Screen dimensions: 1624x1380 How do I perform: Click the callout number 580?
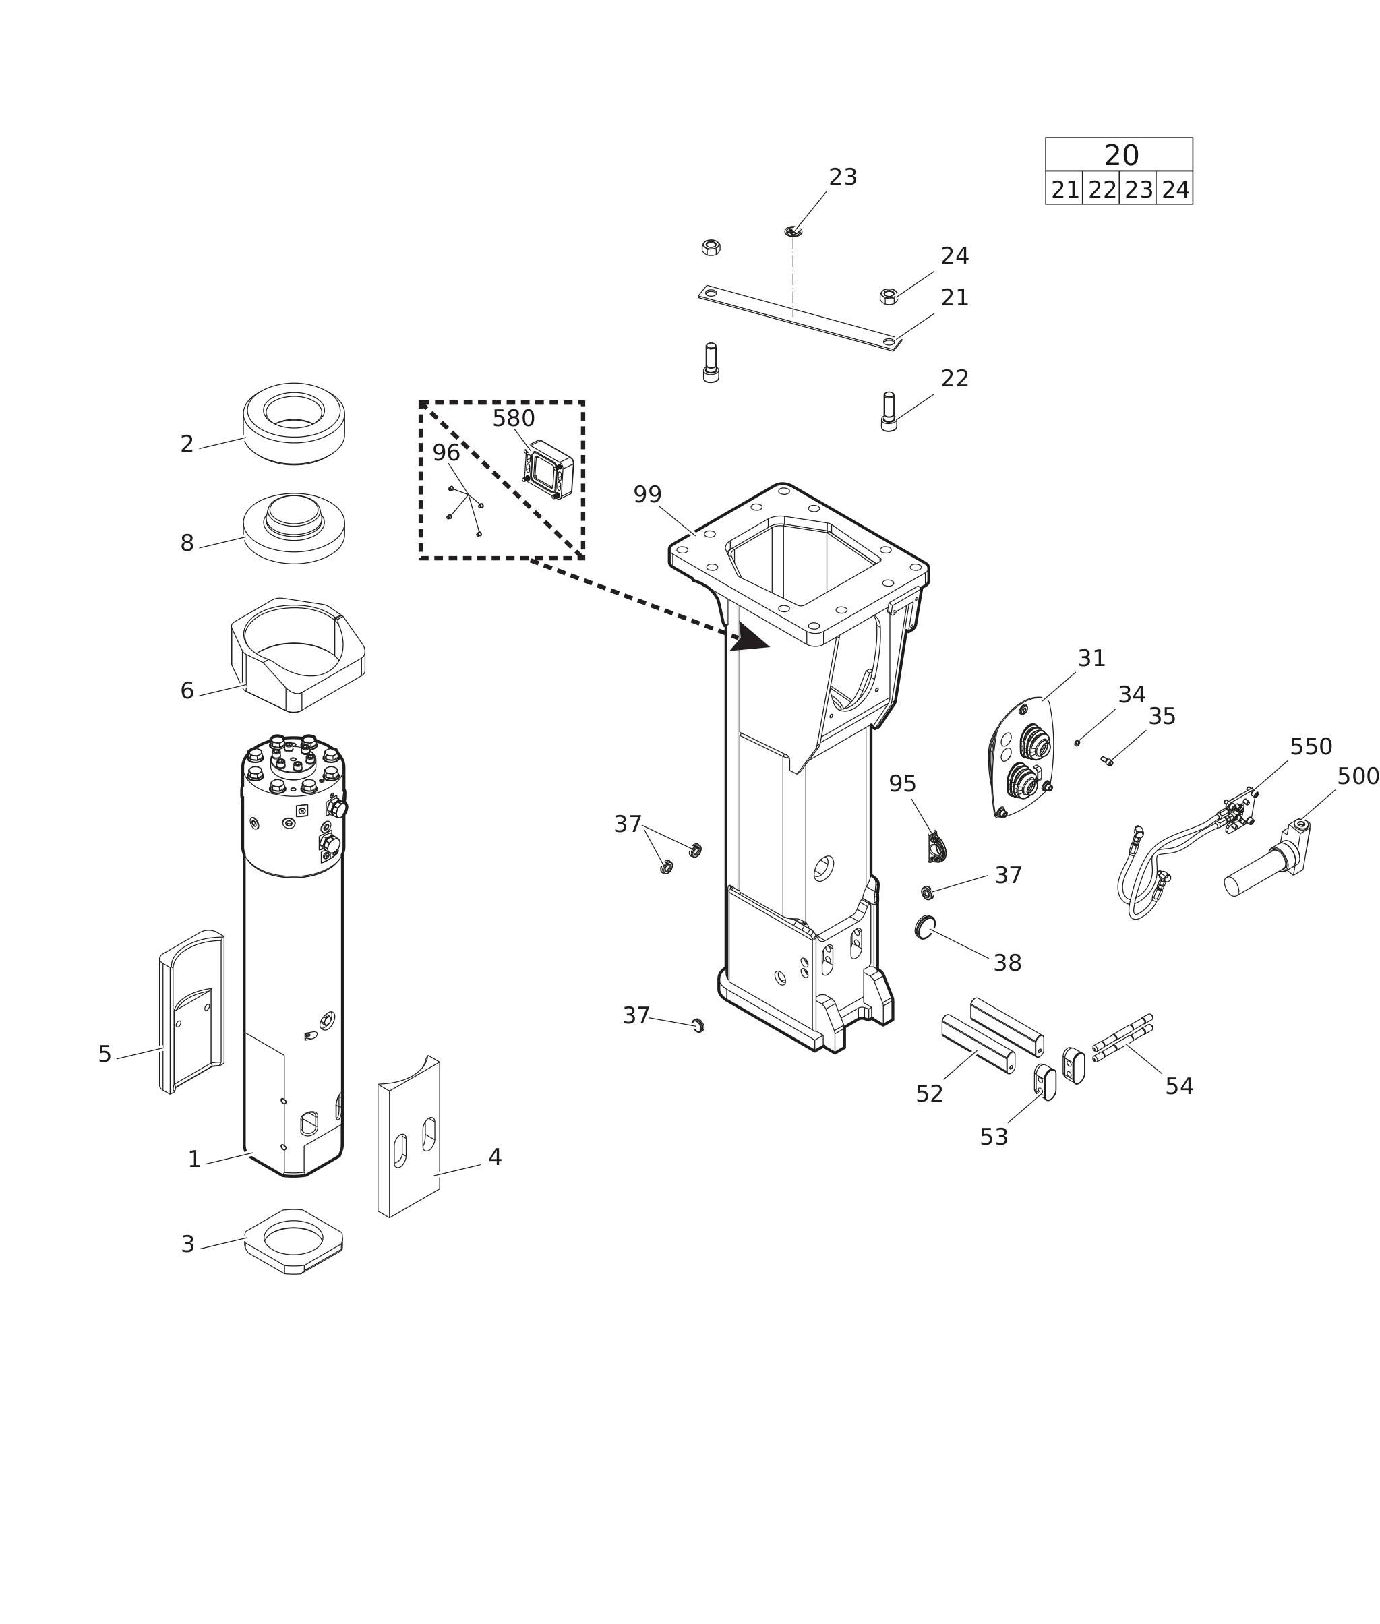coord(513,419)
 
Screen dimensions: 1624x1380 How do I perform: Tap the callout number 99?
coord(647,495)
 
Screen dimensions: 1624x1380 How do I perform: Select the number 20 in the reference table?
coord(1120,156)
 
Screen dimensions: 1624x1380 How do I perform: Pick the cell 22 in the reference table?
coord(1102,190)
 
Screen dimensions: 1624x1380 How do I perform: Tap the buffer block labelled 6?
coord(297,655)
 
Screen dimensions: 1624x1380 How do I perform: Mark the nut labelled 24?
coord(888,297)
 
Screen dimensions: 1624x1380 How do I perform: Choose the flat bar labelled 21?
coord(798,318)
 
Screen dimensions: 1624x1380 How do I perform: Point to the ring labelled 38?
coord(925,927)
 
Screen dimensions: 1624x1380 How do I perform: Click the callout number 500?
coord(1357,777)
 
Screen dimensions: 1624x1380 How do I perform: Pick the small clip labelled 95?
coord(936,849)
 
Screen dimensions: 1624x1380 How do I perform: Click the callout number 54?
coord(1179,1087)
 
